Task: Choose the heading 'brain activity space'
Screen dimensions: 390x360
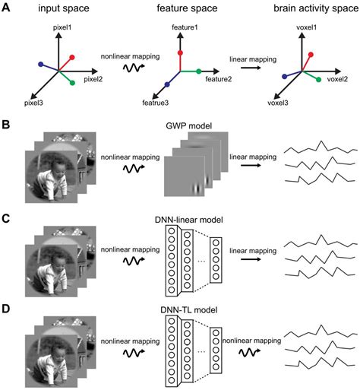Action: (302, 9)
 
